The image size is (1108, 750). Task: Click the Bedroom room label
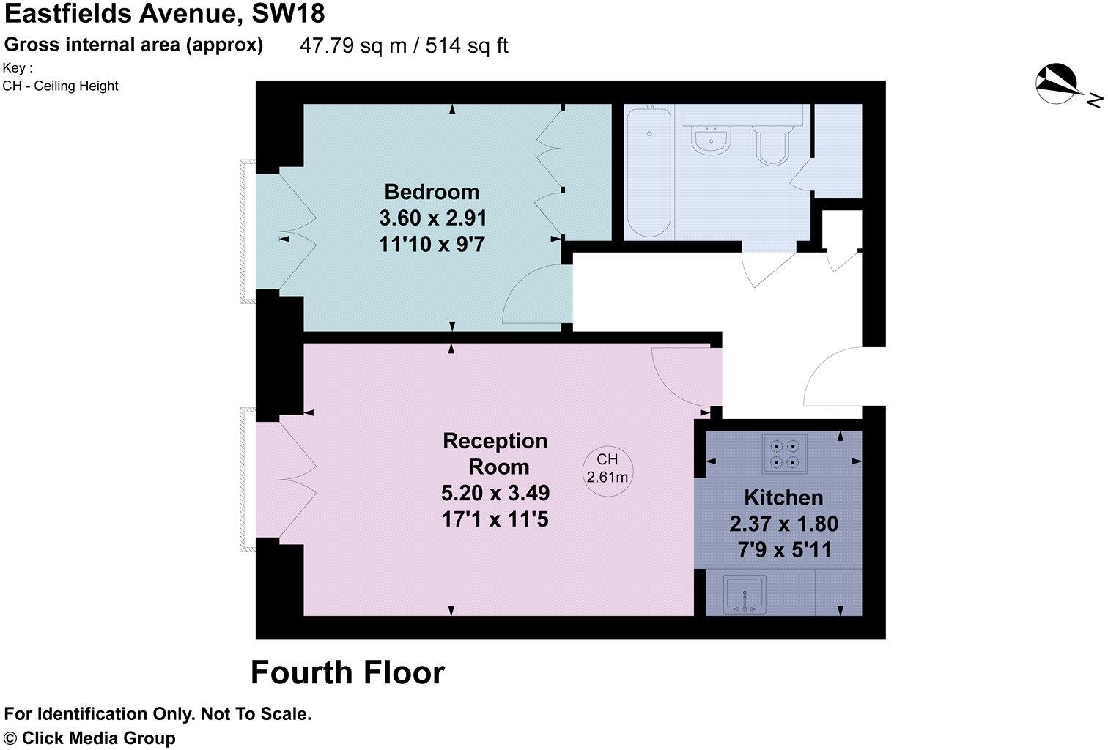pos(432,192)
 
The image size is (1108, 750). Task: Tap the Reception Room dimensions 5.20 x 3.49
pos(495,493)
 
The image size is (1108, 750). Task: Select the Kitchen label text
pos(783,498)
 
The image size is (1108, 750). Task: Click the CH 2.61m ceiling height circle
pos(607,469)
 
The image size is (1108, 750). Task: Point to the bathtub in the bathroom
pos(649,172)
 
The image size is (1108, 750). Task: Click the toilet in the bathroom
pos(772,143)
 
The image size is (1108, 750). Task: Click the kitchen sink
pos(745,594)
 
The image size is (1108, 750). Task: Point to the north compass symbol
pos(1056,83)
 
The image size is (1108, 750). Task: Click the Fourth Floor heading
pos(347,672)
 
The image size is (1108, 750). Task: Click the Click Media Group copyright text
pos(90,738)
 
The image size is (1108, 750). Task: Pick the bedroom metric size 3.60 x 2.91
pos(432,218)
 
